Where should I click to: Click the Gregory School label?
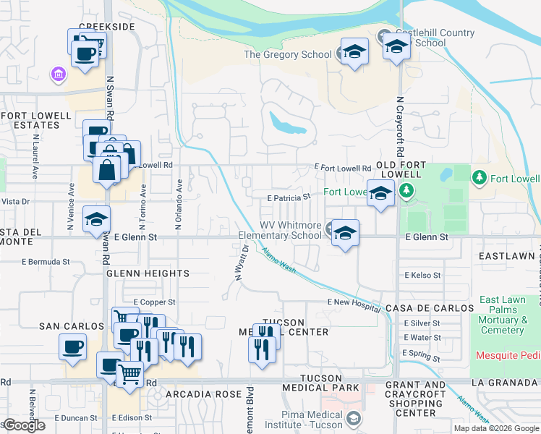click(287, 54)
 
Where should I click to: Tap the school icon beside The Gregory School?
click(354, 51)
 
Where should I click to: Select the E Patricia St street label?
click(289, 197)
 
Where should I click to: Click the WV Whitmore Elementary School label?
click(280, 230)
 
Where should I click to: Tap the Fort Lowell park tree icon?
click(478, 177)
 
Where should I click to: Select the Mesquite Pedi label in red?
click(508, 355)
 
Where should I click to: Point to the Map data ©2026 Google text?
click(495, 428)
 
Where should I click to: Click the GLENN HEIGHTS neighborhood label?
click(148, 273)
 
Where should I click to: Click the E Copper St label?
click(154, 302)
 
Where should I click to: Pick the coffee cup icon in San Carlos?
click(72, 346)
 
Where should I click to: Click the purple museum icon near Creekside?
click(57, 74)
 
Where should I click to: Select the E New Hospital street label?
click(353, 302)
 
